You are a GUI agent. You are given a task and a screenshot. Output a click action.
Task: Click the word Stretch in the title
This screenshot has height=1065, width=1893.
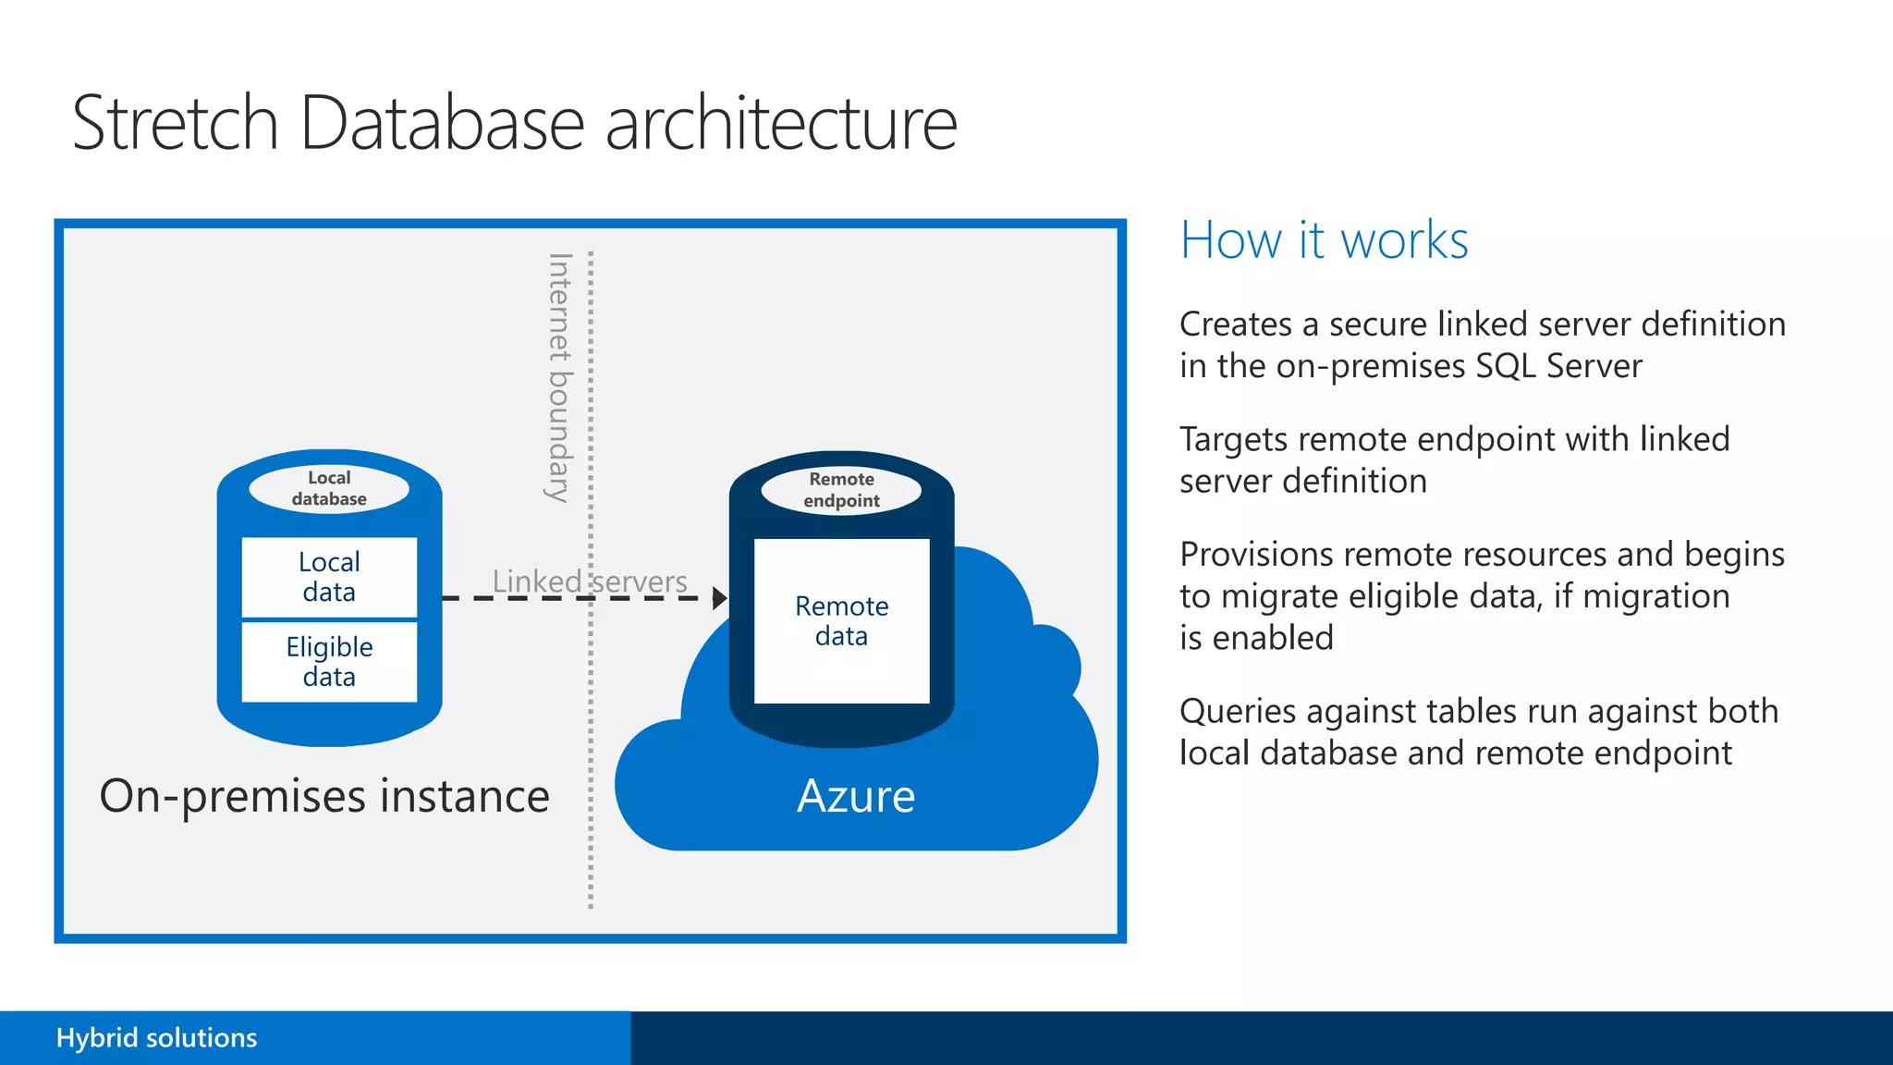[x=175, y=123]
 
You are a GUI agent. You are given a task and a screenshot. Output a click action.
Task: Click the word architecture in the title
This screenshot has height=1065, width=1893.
[x=781, y=123]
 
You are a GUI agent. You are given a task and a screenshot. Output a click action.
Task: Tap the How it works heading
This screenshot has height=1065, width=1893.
[x=1324, y=240]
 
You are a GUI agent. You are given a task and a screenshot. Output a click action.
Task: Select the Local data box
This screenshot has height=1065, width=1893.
[x=329, y=577]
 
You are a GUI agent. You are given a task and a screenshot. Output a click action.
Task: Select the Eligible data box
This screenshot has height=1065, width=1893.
[x=329, y=662]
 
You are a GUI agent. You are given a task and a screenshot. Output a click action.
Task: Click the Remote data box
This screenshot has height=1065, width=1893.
[x=841, y=621]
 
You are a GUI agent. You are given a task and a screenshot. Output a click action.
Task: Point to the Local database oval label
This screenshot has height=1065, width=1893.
[x=329, y=488]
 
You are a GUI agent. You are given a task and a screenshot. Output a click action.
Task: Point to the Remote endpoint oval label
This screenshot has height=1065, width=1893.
[x=841, y=490]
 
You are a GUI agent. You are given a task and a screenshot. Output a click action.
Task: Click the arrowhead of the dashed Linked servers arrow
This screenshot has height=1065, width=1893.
[x=720, y=598]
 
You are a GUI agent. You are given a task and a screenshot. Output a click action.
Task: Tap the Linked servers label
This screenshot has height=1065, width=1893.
[x=590, y=581]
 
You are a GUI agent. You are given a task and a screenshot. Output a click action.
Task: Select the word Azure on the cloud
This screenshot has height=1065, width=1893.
[x=856, y=796]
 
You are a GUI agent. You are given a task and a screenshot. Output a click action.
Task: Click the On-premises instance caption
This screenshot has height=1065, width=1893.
[x=324, y=796]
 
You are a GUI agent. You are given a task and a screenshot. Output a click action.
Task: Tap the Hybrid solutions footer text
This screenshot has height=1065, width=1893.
[x=156, y=1037]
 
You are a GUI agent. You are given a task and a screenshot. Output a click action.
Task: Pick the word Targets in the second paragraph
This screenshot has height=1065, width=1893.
[x=1234, y=440]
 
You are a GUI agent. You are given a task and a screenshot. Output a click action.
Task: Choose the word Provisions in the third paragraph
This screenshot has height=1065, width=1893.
[x=1256, y=555]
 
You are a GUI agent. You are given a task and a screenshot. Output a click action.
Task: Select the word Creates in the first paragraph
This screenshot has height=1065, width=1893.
[x=1236, y=324]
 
